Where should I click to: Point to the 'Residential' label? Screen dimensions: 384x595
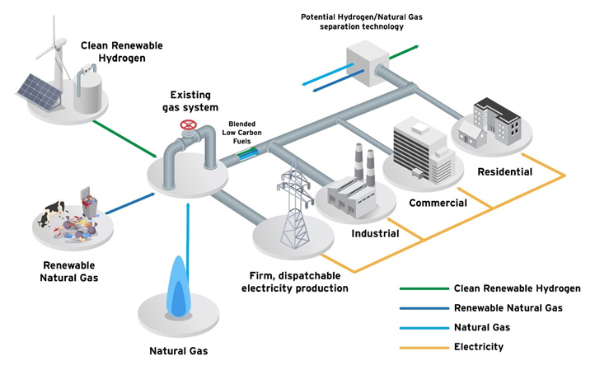point(504,172)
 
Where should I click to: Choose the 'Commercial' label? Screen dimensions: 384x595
point(438,203)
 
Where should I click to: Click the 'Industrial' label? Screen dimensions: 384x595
point(375,233)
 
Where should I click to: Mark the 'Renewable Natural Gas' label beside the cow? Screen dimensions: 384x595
point(69,272)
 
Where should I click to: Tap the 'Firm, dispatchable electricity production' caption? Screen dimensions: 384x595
point(294,281)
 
